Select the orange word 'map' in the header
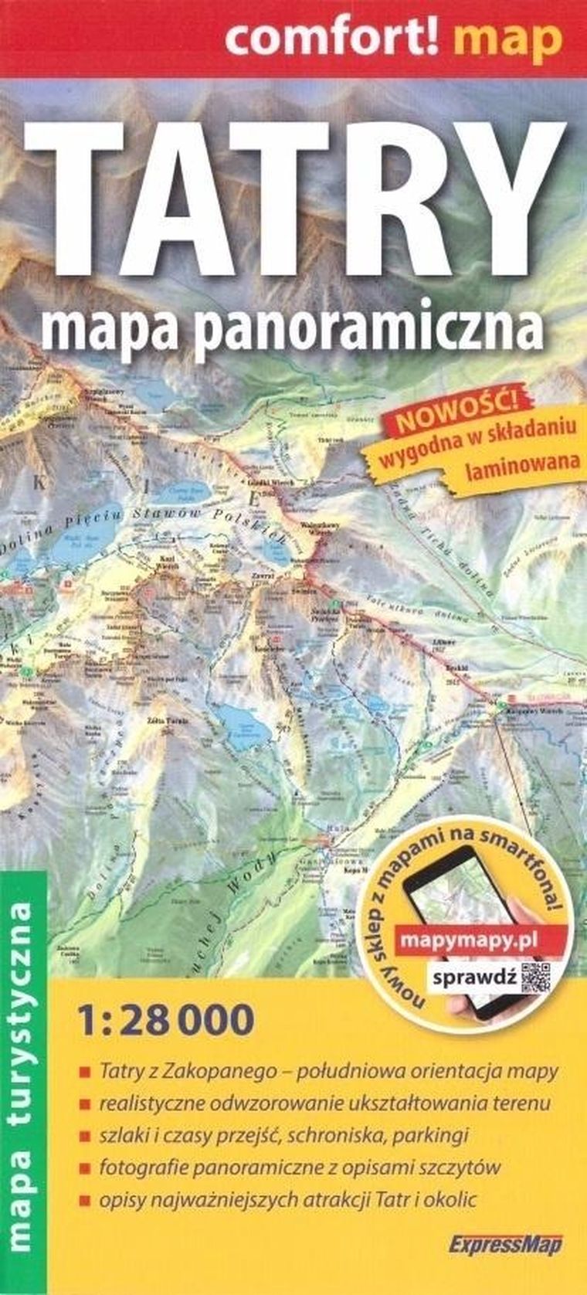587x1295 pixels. point(507,38)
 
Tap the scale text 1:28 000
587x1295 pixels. point(166,1020)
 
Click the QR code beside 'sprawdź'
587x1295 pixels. point(537,977)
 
